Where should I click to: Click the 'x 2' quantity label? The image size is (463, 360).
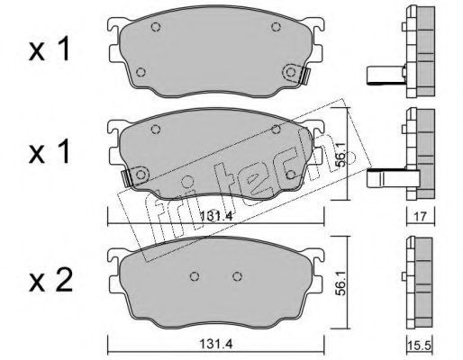(50, 281)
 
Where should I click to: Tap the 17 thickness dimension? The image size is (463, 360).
(421, 217)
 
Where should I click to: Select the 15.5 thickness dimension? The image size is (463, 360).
(420, 346)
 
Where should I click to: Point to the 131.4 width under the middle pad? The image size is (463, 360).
(216, 216)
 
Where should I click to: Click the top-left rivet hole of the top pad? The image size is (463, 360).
(156, 27)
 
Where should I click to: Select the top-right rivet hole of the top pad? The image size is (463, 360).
(276, 27)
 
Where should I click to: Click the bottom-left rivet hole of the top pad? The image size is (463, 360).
(141, 72)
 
